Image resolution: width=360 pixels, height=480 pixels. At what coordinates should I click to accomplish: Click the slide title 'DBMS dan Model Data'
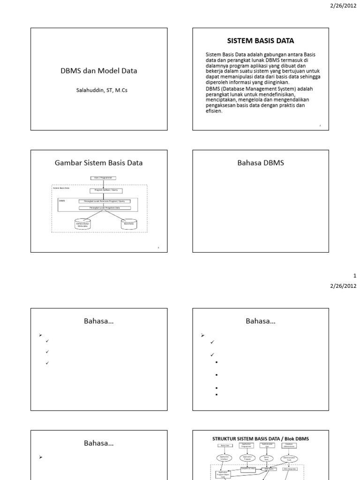[x=99, y=71]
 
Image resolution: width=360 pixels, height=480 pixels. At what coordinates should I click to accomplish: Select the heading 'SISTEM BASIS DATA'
[x=261, y=41]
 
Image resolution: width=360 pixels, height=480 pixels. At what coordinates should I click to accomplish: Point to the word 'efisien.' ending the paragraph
[x=214, y=112]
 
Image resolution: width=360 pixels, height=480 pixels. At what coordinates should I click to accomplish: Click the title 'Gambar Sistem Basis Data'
[x=99, y=163]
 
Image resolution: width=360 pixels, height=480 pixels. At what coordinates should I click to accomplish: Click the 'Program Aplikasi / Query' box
[x=103, y=191]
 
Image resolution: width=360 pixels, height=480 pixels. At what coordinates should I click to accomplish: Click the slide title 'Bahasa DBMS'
[x=261, y=163]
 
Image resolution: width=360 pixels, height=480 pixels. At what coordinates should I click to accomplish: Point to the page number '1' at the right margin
[x=355, y=276]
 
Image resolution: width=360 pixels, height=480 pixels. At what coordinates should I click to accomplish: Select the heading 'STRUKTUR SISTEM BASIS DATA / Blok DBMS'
[x=261, y=439]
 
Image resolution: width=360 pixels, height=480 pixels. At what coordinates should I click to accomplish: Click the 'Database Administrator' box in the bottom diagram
[x=289, y=446]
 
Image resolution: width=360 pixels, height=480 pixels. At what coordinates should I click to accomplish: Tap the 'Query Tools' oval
[x=267, y=458]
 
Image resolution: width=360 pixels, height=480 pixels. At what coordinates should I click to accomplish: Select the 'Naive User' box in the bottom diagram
[x=225, y=446]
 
